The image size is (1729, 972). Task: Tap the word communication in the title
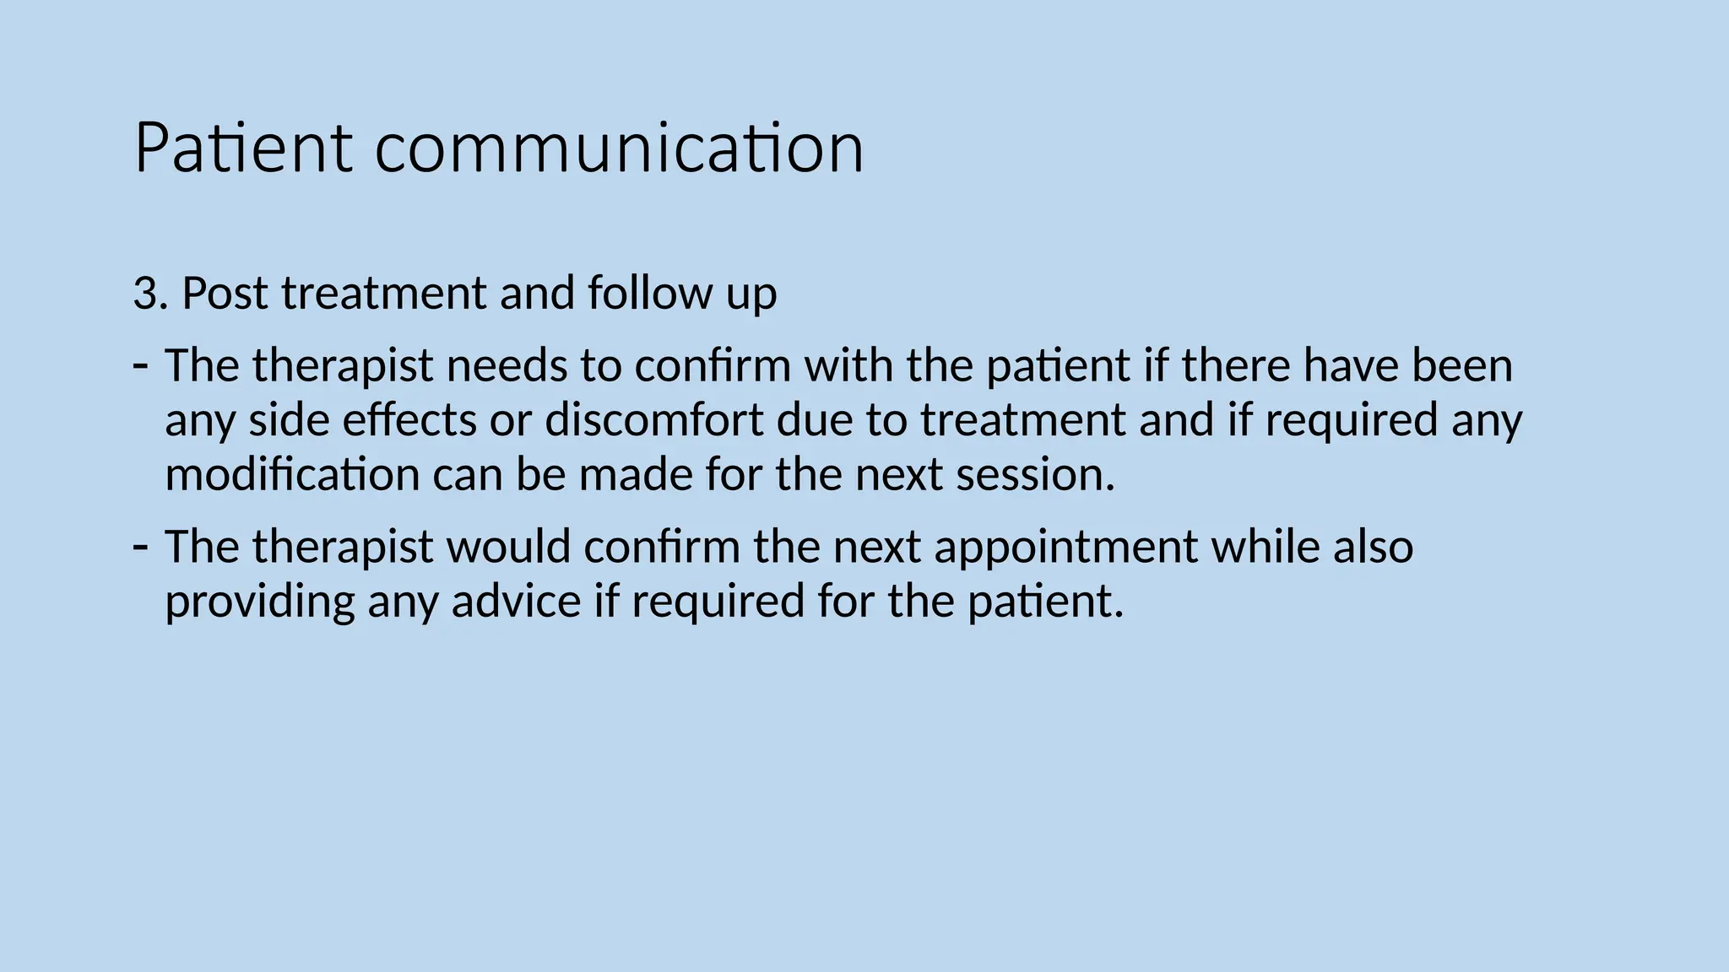click(x=619, y=148)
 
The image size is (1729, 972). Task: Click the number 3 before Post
click(x=145, y=294)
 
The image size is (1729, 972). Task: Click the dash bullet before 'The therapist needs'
click(x=141, y=364)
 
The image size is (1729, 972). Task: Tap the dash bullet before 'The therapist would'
click(x=141, y=546)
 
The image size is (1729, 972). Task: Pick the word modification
click(x=292, y=474)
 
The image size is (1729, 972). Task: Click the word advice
click(x=516, y=601)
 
